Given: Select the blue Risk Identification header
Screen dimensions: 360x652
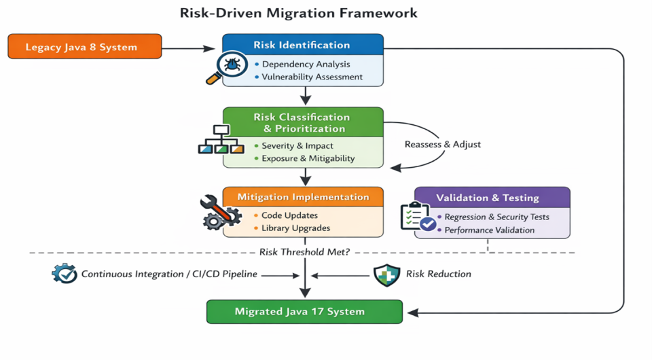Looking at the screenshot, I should click(302, 46).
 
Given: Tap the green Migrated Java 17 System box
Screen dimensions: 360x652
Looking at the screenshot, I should click(304, 312).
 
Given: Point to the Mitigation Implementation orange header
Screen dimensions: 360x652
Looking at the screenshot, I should click(303, 197).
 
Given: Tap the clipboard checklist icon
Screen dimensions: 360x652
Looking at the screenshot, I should click(418, 217).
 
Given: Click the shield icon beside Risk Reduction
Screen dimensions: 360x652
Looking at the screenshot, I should click(386, 274).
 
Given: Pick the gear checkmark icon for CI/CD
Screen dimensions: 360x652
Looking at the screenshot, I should click(64, 274).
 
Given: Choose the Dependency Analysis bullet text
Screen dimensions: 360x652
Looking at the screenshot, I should click(306, 64).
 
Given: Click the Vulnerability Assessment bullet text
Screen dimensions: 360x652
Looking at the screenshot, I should click(312, 77).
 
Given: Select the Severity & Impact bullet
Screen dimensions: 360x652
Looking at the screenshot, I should click(297, 145).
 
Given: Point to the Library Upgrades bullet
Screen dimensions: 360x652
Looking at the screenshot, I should click(296, 228).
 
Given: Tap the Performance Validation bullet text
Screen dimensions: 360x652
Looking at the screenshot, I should click(490, 230).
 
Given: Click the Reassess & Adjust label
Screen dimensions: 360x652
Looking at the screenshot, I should click(442, 145).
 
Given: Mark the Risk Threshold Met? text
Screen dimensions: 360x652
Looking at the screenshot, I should click(305, 252).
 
